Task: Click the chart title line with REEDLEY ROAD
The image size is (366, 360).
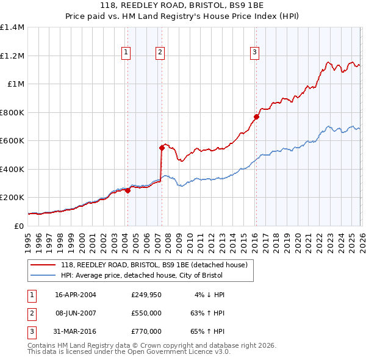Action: pyautogui.click(x=183, y=5)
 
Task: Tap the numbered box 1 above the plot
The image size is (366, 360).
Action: pyautogui.click(x=126, y=53)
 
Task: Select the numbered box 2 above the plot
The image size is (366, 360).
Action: pyautogui.click(x=160, y=53)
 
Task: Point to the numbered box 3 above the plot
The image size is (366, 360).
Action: pyautogui.click(x=254, y=53)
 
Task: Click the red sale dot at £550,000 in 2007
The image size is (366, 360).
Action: pyautogui.click(x=162, y=147)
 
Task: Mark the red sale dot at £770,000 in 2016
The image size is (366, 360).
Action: pyautogui.click(x=256, y=117)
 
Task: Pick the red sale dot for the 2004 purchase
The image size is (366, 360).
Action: pyautogui.click(x=127, y=190)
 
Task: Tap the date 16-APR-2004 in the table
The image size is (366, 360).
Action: pyautogui.click(x=76, y=295)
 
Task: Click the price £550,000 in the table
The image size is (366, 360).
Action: pyautogui.click(x=146, y=313)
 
